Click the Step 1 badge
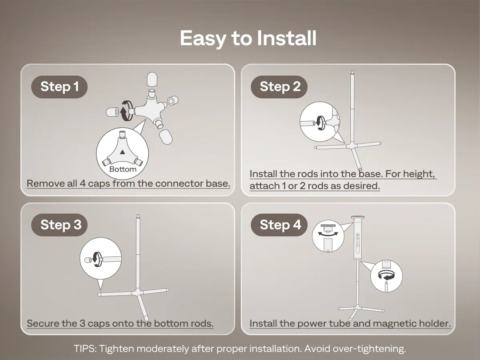tap(59, 87)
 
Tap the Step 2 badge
tap(279, 87)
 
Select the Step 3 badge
tap(59, 225)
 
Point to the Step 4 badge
tap(279, 225)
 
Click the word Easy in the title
tap(203, 38)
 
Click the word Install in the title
tap(286, 38)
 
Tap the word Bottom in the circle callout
tap(123, 169)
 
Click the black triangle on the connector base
tap(122, 152)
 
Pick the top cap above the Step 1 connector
tap(152, 79)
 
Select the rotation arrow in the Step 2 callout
tap(320, 123)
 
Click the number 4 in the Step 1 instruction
tap(82, 183)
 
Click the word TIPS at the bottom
tap(85, 348)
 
